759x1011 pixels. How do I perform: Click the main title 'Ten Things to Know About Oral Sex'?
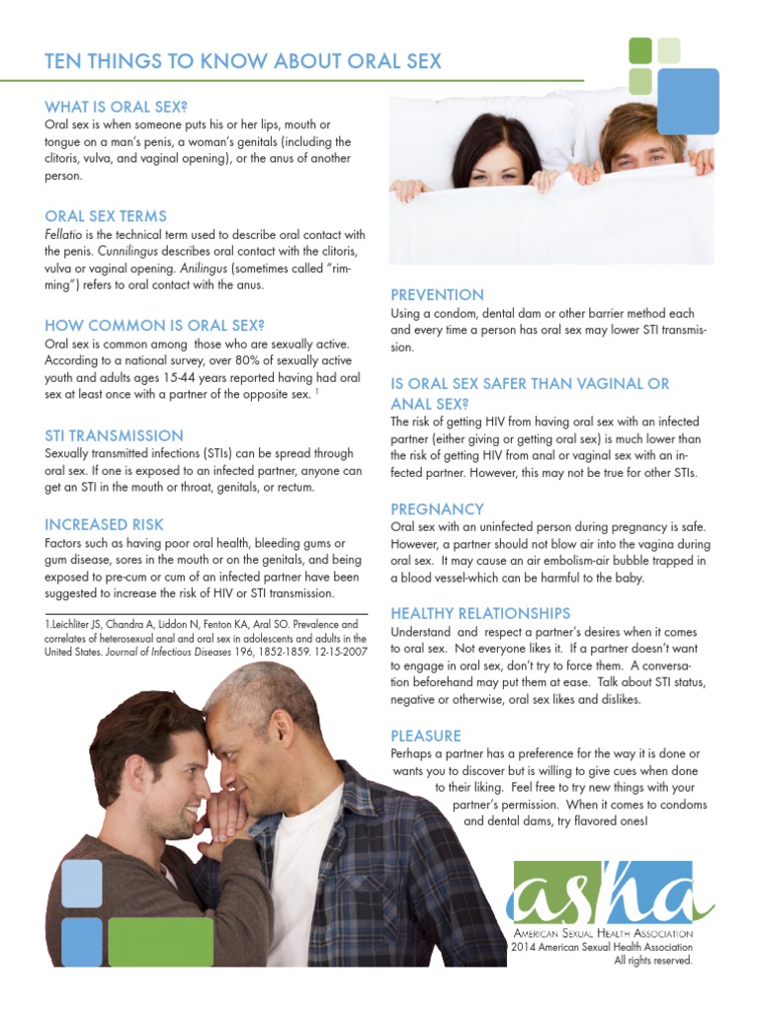click(243, 62)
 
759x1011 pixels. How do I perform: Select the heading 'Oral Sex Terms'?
click(106, 216)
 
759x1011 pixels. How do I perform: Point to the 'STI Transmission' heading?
click(114, 435)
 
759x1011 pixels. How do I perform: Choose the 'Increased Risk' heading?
click(104, 524)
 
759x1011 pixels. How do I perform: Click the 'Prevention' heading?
click(437, 294)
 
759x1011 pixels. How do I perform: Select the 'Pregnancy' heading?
click(437, 509)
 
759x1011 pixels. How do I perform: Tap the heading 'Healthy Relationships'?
click(480, 613)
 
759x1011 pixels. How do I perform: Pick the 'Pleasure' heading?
click(426, 736)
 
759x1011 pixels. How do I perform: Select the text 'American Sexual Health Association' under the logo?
click(602, 934)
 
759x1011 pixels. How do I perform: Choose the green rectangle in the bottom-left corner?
click(160, 941)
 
